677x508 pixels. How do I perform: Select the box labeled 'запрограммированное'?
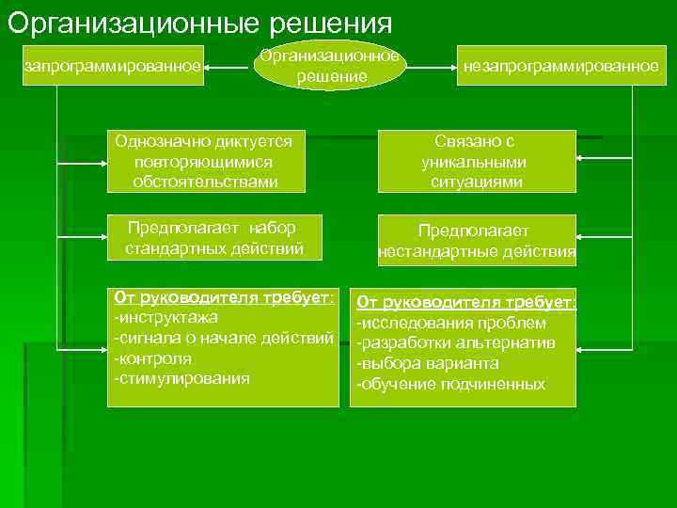pos(113,66)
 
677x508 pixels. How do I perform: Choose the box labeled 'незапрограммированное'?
pos(560,66)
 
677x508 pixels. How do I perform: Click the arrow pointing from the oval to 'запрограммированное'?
pos(228,68)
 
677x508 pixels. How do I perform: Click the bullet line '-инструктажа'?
pos(165,317)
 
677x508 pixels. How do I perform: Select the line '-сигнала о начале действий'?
pos(223,338)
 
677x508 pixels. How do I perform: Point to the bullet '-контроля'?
pos(152,358)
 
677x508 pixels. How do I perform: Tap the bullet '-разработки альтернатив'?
pos(455,342)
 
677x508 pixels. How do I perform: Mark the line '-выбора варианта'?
pos(427,363)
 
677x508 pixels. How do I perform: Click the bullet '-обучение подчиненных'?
pos(449,384)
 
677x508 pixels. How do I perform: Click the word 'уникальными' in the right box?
pos(474,161)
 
